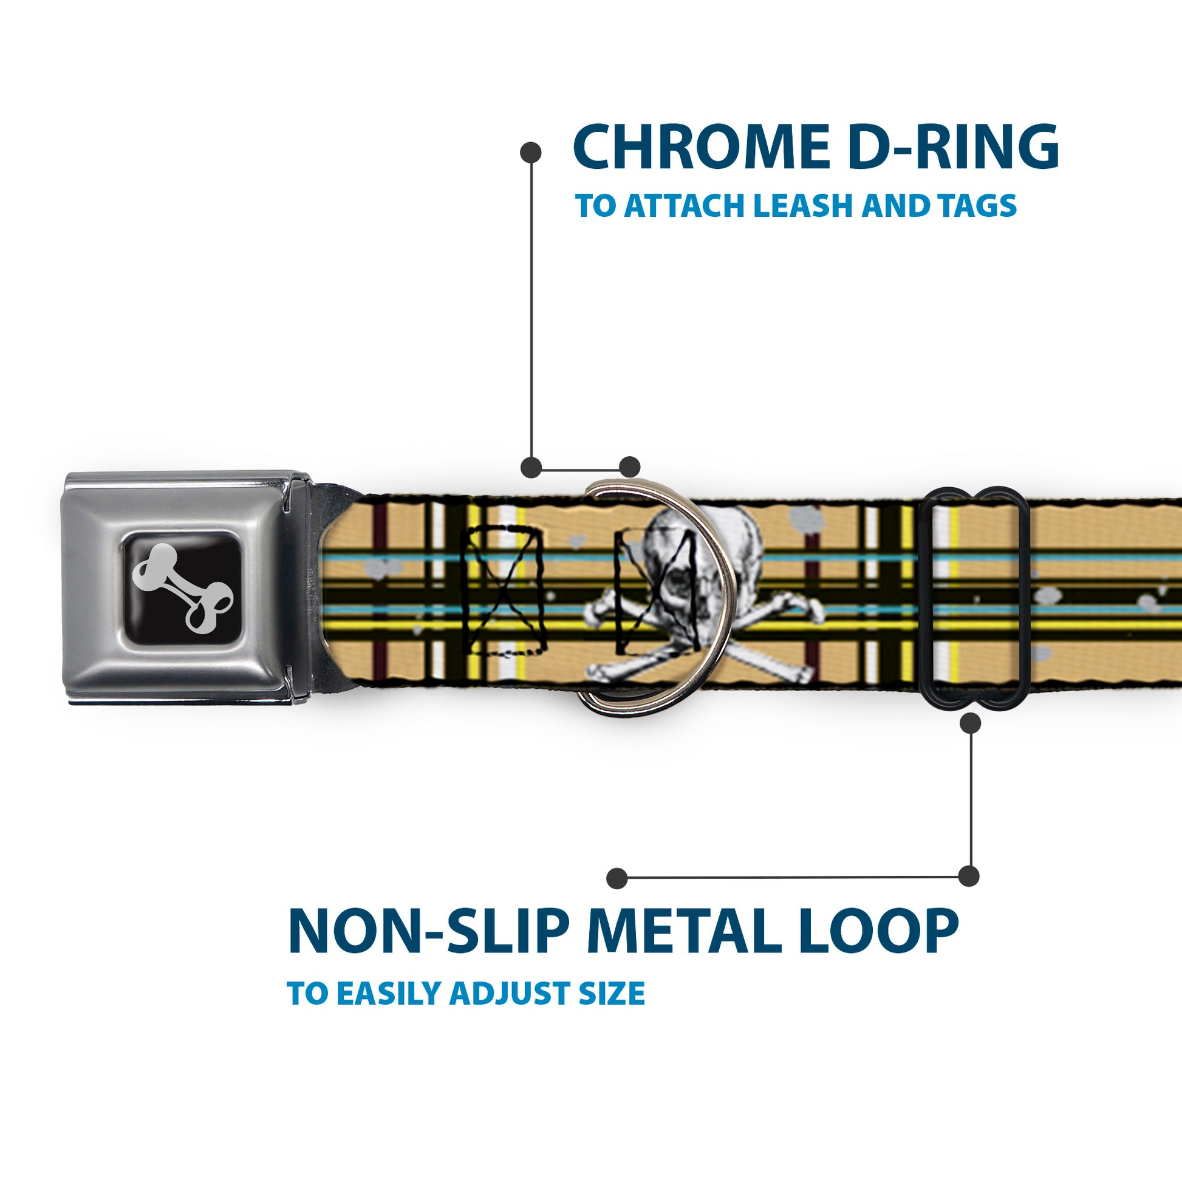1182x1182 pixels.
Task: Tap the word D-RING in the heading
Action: [954, 148]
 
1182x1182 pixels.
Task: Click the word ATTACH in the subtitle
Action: [685, 205]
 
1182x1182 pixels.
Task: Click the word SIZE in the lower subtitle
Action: [612, 994]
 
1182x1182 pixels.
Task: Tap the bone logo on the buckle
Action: [183, 587]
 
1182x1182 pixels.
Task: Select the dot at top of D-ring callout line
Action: [530, 152]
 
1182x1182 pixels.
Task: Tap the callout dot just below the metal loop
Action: [970, 723]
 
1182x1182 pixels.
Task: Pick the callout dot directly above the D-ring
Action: [629, 466]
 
